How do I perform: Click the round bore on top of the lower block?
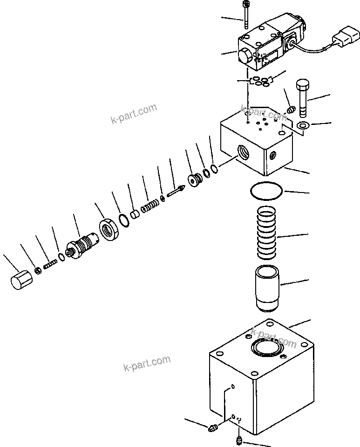tap(267, 348)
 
